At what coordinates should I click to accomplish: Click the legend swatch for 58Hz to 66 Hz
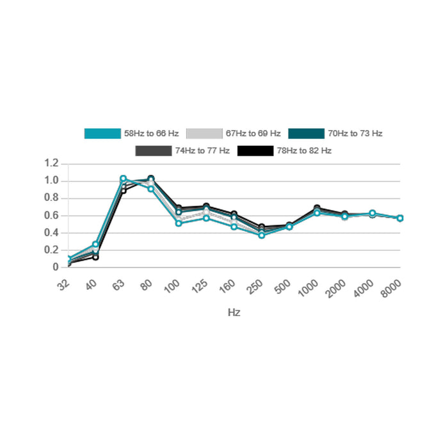[102, 134]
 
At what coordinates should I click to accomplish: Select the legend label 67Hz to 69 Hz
[253, 134]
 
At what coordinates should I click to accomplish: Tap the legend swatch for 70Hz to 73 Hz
[307, 134]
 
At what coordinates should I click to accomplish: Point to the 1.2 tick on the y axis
[51, 164]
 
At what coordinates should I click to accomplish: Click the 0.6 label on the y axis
[51, 216]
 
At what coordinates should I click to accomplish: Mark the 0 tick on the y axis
[56, 268]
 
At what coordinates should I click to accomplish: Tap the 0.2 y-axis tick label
[51, 250]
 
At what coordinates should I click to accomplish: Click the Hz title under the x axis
[234, 313]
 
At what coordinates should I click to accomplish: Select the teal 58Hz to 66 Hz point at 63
[123, 179]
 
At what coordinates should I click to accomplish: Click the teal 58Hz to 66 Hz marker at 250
[262, 235]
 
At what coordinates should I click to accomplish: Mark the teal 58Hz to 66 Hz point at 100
[179, 223]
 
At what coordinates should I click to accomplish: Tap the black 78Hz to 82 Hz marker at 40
[95, 257]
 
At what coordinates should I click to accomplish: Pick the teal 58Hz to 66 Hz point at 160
[234, 227]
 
